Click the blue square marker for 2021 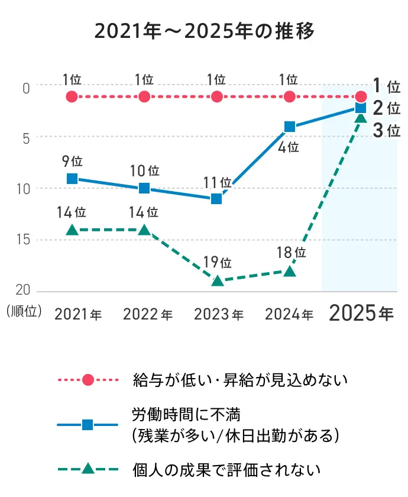tap(72, 179)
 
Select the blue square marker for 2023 tap(217, 199)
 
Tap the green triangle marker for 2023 tap(217, 281)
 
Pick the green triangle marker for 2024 tap(290, 272)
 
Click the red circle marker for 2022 tap(144, 96)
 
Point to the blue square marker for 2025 tap(361, 108)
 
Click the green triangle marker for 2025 tap(361, 118)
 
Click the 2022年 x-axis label tap(148, 315)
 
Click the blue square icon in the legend tap(88, 424)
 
